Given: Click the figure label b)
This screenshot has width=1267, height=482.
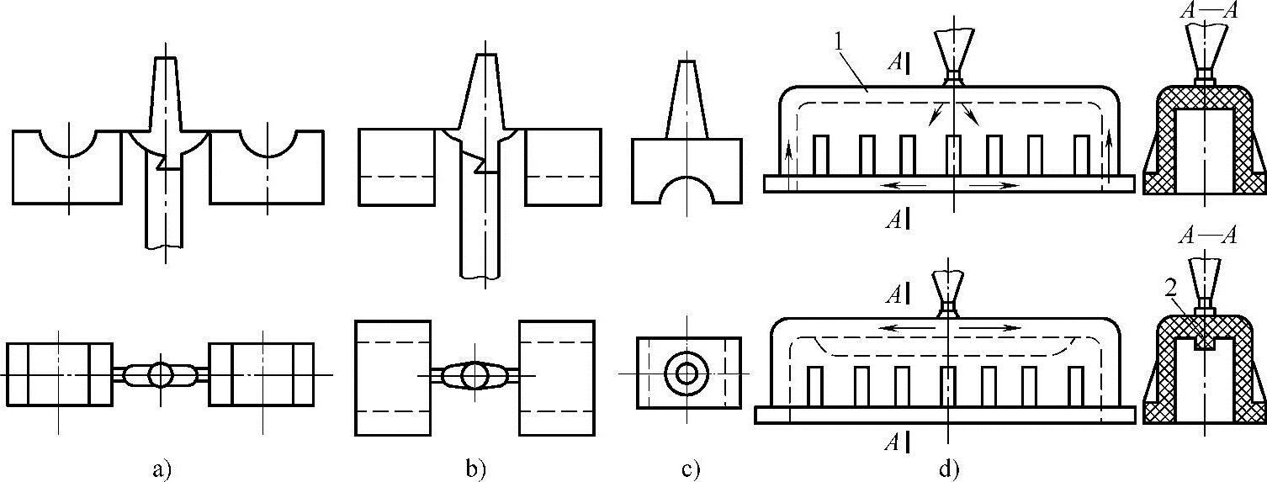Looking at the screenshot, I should [x=475, y=468].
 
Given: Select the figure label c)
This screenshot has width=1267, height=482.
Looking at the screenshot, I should [x=691, y=468].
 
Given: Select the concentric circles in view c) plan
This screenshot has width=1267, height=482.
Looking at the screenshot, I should [x=688, y=373].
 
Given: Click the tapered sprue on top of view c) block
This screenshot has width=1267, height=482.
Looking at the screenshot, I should [x=687, y=99].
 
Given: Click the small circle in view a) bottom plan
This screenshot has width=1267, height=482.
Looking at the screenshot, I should [x=161, y=374].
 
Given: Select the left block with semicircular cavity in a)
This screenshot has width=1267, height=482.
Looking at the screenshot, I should [x=67, y=167].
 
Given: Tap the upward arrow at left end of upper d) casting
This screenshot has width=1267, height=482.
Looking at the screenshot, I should [x=788, y=154].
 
